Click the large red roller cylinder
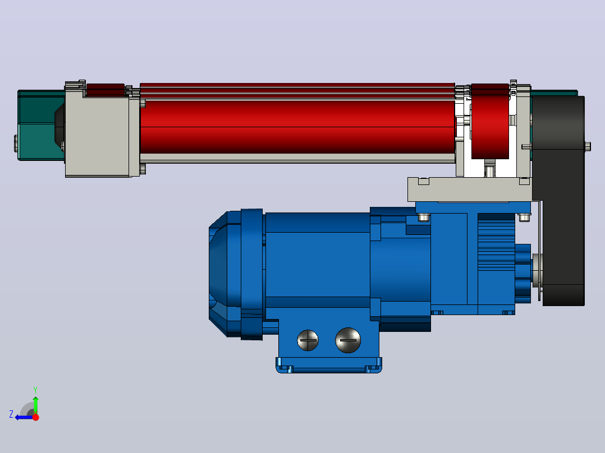coord(297,127)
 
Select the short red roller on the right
coord(490,122)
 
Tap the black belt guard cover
coord(560,201)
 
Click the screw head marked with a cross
coord(308,340)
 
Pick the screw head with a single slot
coord(348,340)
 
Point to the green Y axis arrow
coord(35,405)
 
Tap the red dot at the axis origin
coord(35,417)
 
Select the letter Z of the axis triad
coord(11,414)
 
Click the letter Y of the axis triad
coord(35,390)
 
